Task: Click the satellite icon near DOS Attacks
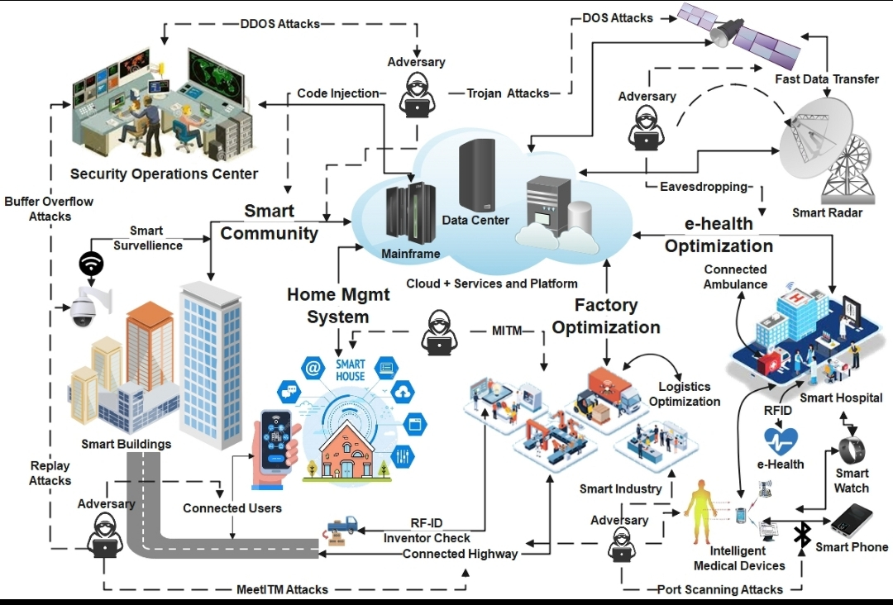738,33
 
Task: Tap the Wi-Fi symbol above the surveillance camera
91,264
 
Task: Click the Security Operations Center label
164,174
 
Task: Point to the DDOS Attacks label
279,24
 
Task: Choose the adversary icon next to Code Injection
417,94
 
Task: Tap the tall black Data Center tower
477,176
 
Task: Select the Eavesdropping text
704,187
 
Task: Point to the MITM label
506,330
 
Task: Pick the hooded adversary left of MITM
439,332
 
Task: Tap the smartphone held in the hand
276,441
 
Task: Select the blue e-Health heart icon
781,442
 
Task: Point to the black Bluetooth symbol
802,535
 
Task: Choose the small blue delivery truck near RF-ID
342,526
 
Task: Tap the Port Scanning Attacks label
720,589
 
